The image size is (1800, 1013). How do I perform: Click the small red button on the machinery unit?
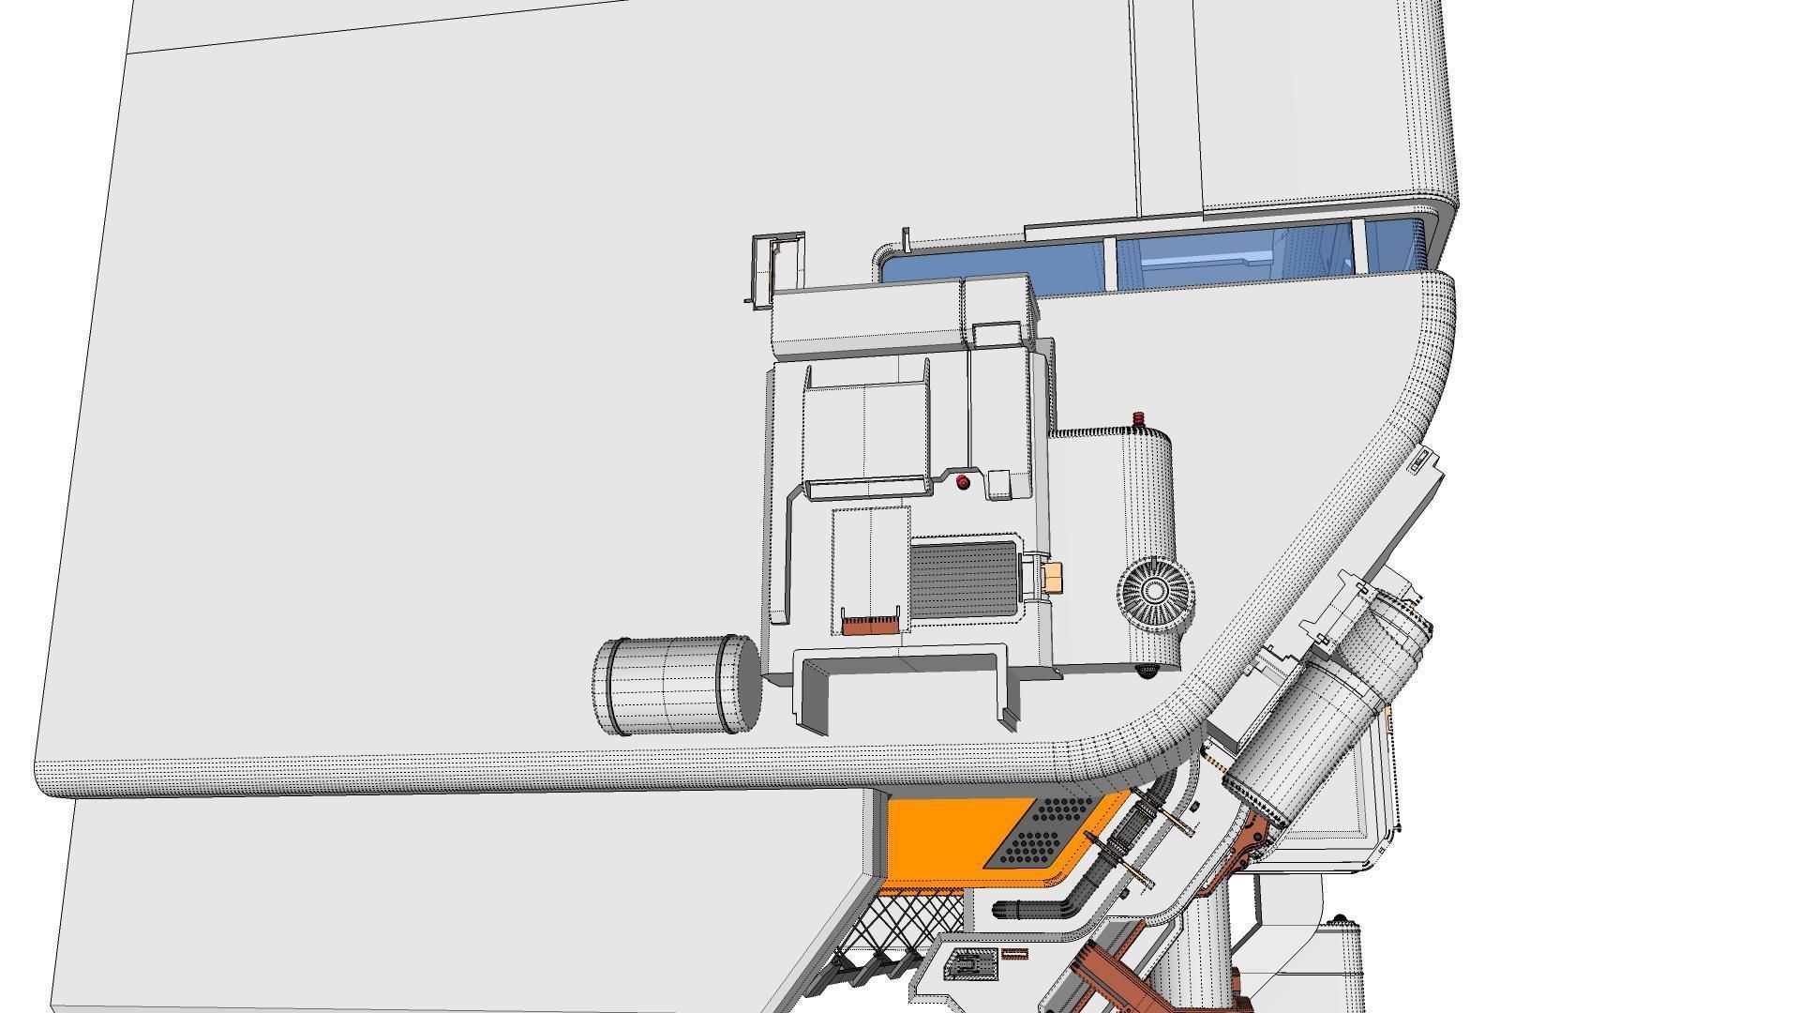tap(963, 482)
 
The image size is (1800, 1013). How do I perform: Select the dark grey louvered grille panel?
tap(964, 579)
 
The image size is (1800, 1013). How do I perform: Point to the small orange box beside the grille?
tap(1052, 578)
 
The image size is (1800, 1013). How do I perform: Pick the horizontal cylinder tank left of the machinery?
tap(676, 686)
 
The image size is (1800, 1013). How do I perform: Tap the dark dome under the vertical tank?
tap(1147, 671)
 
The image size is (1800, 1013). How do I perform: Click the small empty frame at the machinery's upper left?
tap(777, 265)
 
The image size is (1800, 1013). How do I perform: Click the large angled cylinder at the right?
tap(1312, 713)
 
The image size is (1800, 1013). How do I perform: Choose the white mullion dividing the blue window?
tap(1109, 264)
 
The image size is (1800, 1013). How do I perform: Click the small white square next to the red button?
tap(998, 484)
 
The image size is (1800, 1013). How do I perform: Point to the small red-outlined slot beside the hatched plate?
tap(1014, 954)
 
